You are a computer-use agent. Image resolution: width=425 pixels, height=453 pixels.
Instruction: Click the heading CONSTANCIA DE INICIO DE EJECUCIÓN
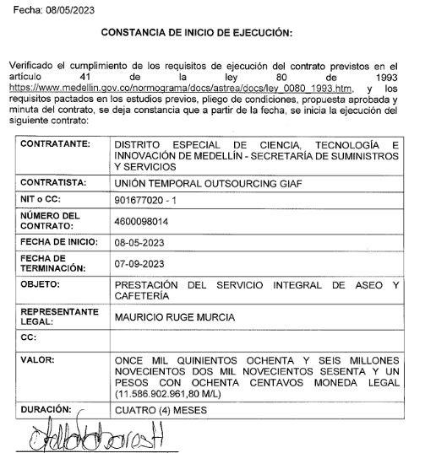(x=196, y=33)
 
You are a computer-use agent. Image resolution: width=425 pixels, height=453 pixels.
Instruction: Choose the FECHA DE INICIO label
(x=59, y=242)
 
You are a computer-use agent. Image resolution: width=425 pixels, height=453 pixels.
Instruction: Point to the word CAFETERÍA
(x=143, y=296)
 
